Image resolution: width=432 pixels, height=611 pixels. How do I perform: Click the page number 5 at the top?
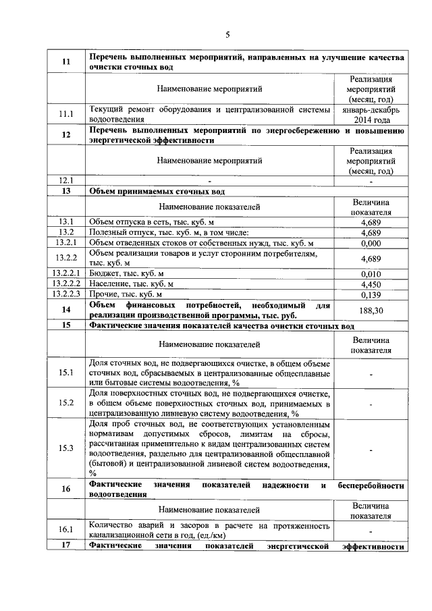(227, 35)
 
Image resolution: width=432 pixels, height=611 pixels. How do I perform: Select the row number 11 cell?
(66, 62)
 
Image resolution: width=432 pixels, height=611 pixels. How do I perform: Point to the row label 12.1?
(66, 180)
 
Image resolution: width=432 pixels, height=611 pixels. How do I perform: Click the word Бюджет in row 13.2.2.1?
(104, 273)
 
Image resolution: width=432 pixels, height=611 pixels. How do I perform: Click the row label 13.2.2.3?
(66, 294)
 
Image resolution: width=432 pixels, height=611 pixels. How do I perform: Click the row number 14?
(66, 310)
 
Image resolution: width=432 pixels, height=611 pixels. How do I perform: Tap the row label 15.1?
(66, 373)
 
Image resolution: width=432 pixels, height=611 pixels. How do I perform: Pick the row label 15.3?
(66, 448)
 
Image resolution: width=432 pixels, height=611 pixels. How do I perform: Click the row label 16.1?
(66, 531)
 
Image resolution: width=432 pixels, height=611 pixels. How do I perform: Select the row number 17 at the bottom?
(66, 546)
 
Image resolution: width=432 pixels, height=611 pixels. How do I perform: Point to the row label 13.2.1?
(66, 243)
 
